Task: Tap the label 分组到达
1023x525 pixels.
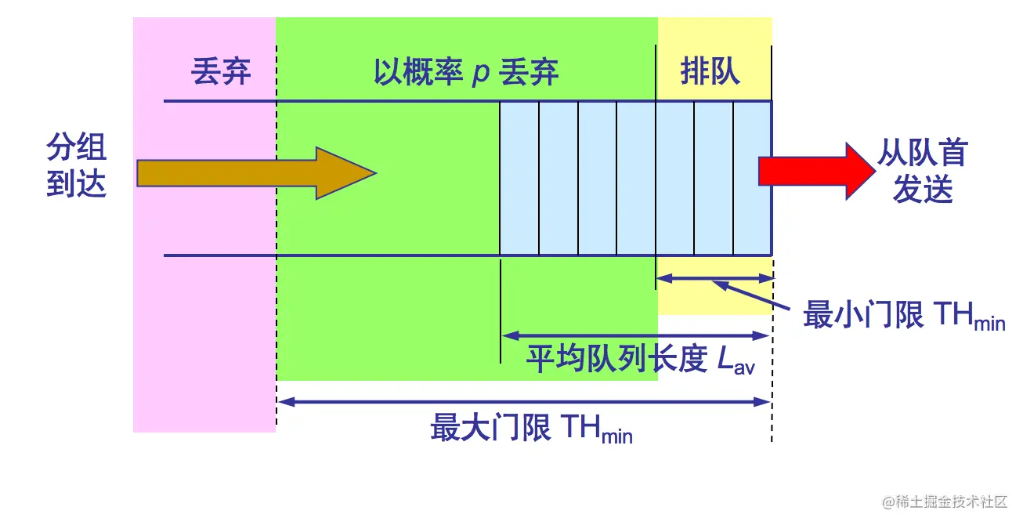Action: pos(76,165)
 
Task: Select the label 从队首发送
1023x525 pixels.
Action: pos(922,171)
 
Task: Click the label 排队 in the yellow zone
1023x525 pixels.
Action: pos(710,73)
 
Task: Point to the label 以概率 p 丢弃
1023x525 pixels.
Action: pos(466,73)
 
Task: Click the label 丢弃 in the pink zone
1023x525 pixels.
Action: pos(221,73)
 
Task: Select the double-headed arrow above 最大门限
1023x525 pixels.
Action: pos(525,402)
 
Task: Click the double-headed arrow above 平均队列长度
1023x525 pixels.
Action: pos(635,335)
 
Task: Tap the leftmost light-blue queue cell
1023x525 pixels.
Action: pos(519,178)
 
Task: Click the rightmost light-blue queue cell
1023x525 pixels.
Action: pos(752,178)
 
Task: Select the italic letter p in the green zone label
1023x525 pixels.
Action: pos(480,74)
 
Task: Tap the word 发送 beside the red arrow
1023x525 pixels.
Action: pos(922,189)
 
